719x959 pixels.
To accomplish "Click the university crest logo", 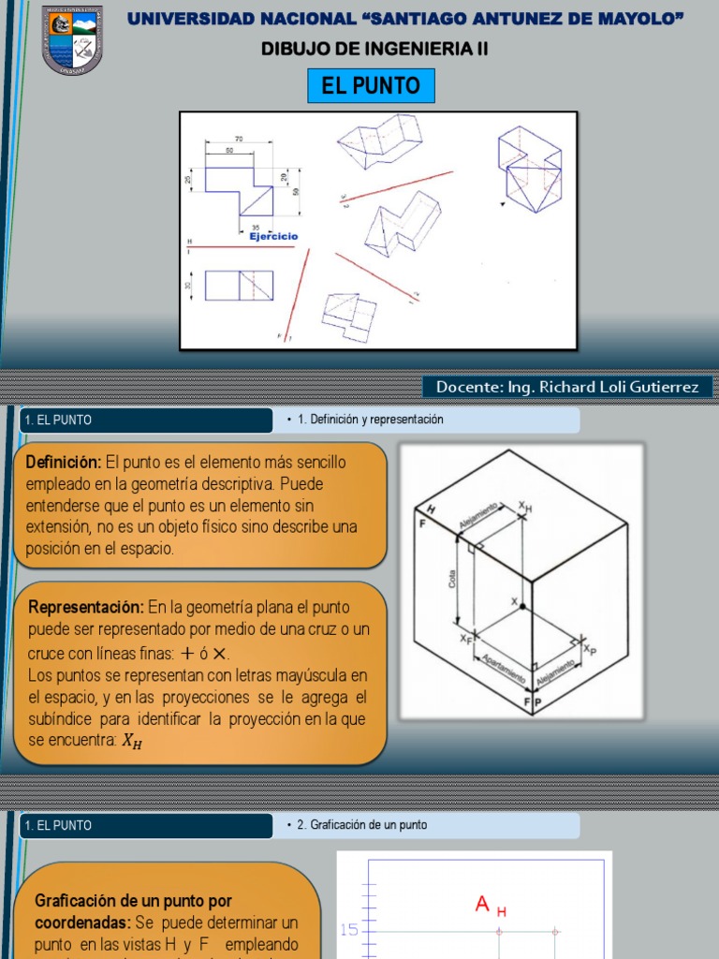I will point(71,40).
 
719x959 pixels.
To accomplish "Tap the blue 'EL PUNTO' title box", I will point(371,87).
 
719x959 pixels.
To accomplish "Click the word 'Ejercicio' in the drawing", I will point(273,237).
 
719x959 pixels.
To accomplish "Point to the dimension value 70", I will point(239,139).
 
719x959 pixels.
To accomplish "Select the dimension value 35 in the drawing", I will point(256,228).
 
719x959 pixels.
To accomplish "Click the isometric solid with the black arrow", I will point(529,169).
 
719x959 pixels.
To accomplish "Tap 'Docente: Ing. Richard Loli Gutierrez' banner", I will point(566,387).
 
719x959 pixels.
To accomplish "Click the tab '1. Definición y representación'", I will point(370,420).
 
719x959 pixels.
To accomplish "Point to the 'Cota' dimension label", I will point(452,581).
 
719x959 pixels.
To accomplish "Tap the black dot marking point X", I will point(521,609).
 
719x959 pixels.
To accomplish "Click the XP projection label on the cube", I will point(588,647).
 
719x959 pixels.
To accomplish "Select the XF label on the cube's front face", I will point(465,638).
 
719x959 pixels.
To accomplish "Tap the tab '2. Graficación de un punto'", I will point(361,825).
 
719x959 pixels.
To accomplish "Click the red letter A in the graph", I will point(483,904).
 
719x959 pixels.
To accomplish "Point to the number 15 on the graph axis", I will point(349,930).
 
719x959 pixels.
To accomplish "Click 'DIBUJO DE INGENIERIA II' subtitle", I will point(374,49).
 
